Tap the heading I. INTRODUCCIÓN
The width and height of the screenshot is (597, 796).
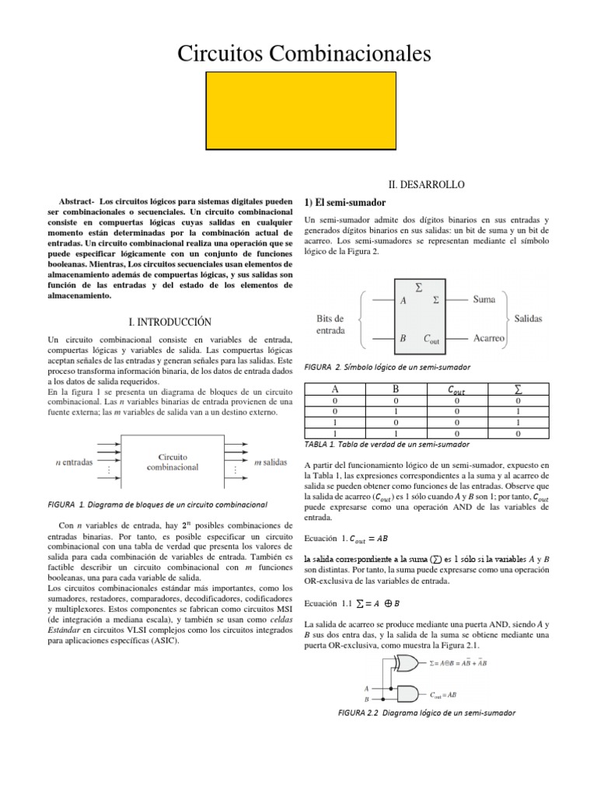pos(169,321)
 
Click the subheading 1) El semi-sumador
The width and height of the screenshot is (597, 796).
pos(344,203)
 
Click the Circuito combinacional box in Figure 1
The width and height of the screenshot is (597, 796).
pos(173,462)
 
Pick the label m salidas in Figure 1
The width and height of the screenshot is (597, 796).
pos(271,462)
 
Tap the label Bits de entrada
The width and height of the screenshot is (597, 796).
pos(336,324)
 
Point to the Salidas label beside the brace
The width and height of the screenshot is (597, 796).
pos(529,319)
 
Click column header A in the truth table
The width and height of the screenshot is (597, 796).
pos(335,389)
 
